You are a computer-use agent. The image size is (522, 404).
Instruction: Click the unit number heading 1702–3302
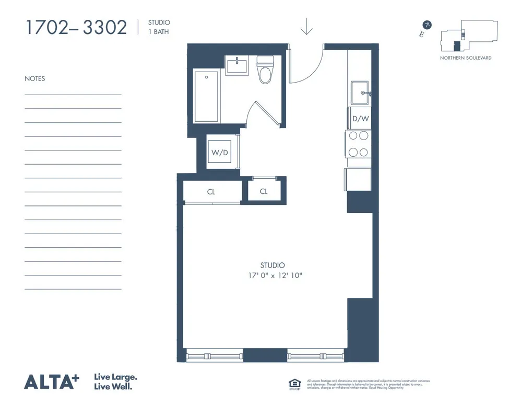76,27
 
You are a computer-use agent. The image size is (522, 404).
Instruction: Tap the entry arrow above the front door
306,27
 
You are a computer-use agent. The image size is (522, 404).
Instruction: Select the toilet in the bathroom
266,72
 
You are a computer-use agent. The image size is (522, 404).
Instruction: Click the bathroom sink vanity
238,66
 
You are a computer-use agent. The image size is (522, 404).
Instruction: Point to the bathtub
206,96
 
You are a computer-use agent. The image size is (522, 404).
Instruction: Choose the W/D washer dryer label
219,153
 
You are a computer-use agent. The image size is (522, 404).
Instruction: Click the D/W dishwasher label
360,119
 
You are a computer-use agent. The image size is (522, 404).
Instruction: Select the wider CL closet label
211,192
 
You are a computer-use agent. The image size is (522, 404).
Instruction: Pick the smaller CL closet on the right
264,191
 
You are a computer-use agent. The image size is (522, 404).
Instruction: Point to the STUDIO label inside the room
272,266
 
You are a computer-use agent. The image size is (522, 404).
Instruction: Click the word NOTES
35,79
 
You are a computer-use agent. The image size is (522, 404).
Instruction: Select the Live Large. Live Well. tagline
115,382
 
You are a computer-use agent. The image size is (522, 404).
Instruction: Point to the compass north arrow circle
427,25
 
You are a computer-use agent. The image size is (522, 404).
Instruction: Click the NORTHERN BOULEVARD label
466,58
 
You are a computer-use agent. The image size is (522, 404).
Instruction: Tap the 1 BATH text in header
158,31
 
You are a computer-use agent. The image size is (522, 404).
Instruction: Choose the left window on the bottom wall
213,356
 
